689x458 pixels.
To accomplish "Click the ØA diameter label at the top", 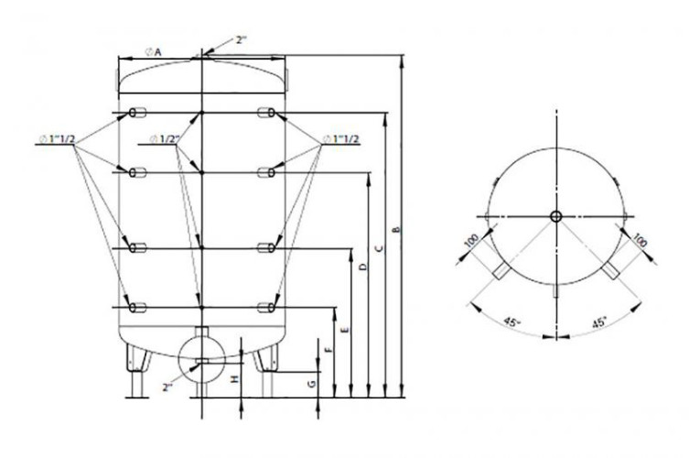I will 153,52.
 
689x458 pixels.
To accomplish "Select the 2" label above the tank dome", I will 242,39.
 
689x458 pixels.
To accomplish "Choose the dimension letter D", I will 361,267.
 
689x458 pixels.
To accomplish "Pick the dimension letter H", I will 234,377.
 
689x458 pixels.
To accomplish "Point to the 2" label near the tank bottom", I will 167,387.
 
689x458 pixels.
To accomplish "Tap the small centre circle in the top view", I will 555,216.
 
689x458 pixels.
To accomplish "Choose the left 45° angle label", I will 511,322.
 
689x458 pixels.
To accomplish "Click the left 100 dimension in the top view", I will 471,244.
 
